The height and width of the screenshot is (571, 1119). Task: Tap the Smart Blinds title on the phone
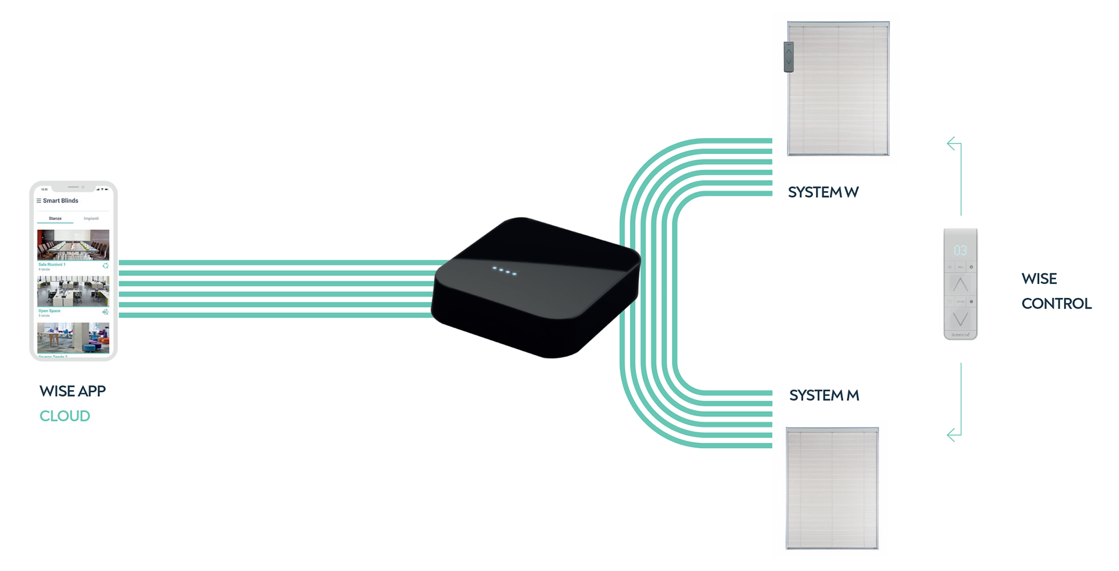(61, 201)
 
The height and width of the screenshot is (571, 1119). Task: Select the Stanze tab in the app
(55, 219)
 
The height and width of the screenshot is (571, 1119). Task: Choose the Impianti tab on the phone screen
(91, 219)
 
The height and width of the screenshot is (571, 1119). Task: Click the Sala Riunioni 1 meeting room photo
(73, 244)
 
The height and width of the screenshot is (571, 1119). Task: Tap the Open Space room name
(50, 311)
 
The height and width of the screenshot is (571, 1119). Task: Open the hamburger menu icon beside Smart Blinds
(39, 201)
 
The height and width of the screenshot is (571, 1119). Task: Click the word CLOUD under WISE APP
(65, 416)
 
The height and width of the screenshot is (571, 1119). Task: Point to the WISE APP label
(72, 391)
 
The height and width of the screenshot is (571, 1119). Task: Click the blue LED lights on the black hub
(504, 271)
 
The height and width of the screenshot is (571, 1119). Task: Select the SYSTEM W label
(823, 192)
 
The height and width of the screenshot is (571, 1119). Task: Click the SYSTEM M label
(824, 395)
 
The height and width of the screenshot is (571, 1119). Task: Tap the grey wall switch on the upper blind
(789, 57)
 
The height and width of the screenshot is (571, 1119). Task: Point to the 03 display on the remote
(960, 250)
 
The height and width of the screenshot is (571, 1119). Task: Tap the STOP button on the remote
(960, 302)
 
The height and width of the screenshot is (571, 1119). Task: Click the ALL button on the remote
(960, 267)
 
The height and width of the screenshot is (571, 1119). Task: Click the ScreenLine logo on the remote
(960, 335)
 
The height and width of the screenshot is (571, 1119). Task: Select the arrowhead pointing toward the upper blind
(952, 143)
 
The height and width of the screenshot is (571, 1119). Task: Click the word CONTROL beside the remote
(1056, 303)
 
